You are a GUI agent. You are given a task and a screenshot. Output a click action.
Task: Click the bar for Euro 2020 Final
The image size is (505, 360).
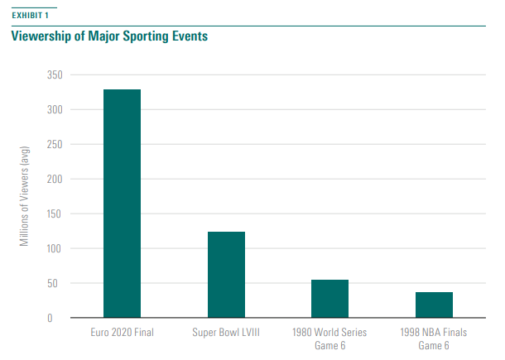[122, 203]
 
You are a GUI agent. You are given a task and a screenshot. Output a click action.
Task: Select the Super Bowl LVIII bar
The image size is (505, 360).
[225, 274]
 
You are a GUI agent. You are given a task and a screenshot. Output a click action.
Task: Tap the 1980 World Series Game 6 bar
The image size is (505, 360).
[329, 299]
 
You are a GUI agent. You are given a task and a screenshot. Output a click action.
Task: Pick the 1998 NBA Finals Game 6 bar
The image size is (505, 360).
[433, 305]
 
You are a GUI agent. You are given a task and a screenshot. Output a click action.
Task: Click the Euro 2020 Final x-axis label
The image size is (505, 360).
[122, 332]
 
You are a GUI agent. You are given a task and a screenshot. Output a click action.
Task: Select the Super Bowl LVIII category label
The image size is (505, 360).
[225, 332]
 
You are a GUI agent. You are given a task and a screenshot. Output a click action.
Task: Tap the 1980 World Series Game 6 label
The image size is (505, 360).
[329, 338]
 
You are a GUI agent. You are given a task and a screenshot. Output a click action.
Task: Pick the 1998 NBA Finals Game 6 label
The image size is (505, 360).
[433, 338]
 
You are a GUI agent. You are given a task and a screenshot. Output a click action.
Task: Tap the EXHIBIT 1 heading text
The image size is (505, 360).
[30, 15]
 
